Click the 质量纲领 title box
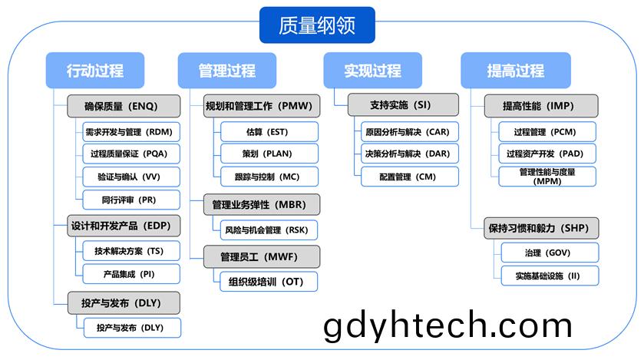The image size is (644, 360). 317,25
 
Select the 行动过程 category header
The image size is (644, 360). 95,70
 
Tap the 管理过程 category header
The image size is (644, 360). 226,70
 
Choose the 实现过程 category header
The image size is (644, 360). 372,70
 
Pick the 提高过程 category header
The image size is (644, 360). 516,70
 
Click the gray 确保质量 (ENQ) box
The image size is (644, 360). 124,107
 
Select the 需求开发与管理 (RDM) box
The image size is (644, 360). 131,132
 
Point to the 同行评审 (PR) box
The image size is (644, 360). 131,200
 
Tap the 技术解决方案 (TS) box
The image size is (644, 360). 131,251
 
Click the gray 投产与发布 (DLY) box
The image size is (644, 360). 124,303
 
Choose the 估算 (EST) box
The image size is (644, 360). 269,132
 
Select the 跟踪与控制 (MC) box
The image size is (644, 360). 269,177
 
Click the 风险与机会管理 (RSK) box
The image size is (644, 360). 269,230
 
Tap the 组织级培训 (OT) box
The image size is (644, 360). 269,282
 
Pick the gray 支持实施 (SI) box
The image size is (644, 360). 403,105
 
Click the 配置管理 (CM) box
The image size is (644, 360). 409,177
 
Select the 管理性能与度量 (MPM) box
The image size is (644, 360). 547,177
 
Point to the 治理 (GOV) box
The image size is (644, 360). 550,253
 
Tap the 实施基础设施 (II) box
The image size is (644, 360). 550,276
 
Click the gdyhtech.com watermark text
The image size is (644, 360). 447,325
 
